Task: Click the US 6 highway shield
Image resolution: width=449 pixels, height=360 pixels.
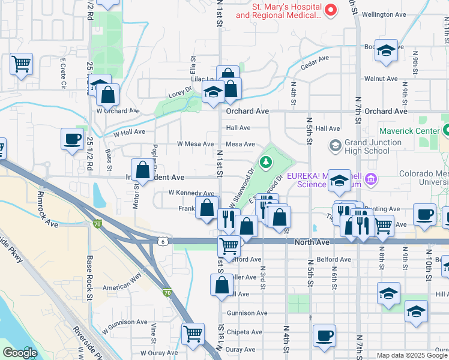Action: (x=162, y=241)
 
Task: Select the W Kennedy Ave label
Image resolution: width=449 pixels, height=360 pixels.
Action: (x=191, y=193)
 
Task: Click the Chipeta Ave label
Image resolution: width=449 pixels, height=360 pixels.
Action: (x=244, y=332)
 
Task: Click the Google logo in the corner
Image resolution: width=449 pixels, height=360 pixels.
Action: (x=20, y=353)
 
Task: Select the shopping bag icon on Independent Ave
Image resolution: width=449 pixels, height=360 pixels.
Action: (x=143, y=170)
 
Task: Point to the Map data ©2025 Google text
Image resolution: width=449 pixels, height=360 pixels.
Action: (x=411, y=355)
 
